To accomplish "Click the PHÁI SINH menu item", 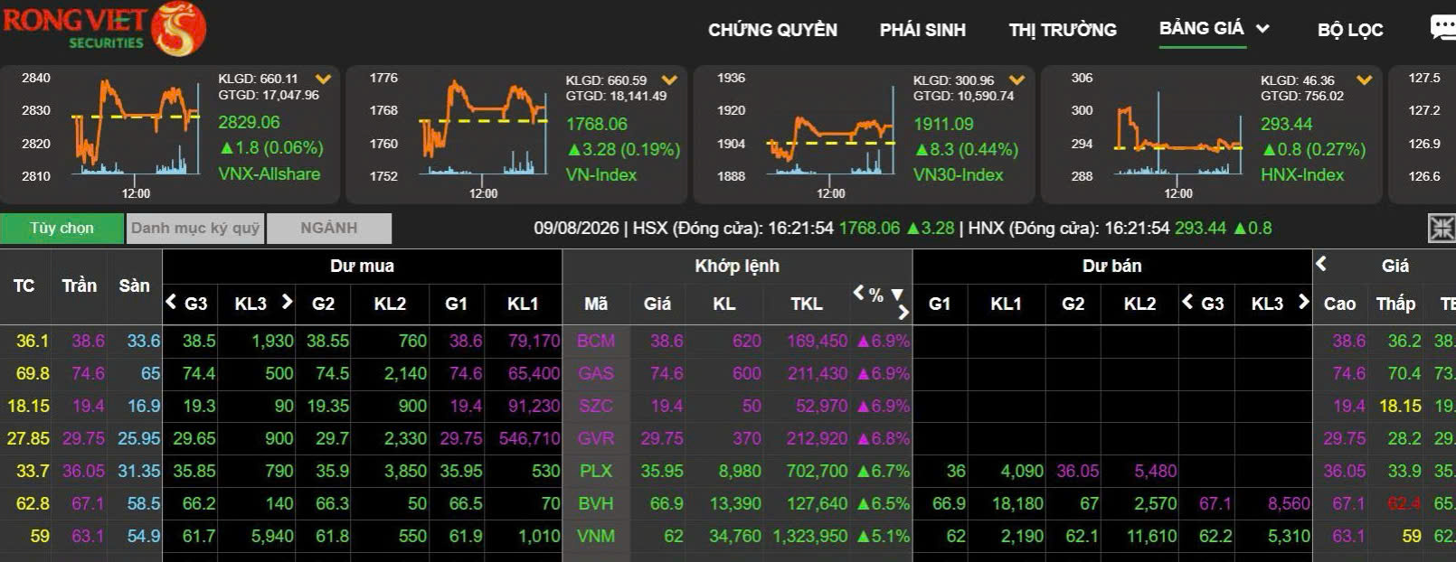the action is coord(922,30).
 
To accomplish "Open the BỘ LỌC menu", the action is coord(1350,30).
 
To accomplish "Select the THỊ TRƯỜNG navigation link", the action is coord(1062,30).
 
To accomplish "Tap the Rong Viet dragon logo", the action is coord(178,29).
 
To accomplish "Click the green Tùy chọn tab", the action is coord(61,228).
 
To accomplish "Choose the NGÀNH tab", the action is coord(329,228).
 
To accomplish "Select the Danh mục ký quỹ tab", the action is coord(195,228).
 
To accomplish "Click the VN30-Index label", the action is coord(958,174).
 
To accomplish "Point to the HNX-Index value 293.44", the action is coord(1286,124).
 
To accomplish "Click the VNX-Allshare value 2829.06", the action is coord(249,122).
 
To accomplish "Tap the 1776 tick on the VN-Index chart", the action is coord(383,78).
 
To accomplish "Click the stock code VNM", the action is coord(595,536).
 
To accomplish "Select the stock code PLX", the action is coord(595,471).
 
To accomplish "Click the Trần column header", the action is coord(80,286).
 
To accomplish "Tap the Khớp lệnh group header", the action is coord(736,266).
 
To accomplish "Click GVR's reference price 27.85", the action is coord(28,438).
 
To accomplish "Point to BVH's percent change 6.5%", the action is coord(884,503).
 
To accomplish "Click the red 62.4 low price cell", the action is coord(1404,503).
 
